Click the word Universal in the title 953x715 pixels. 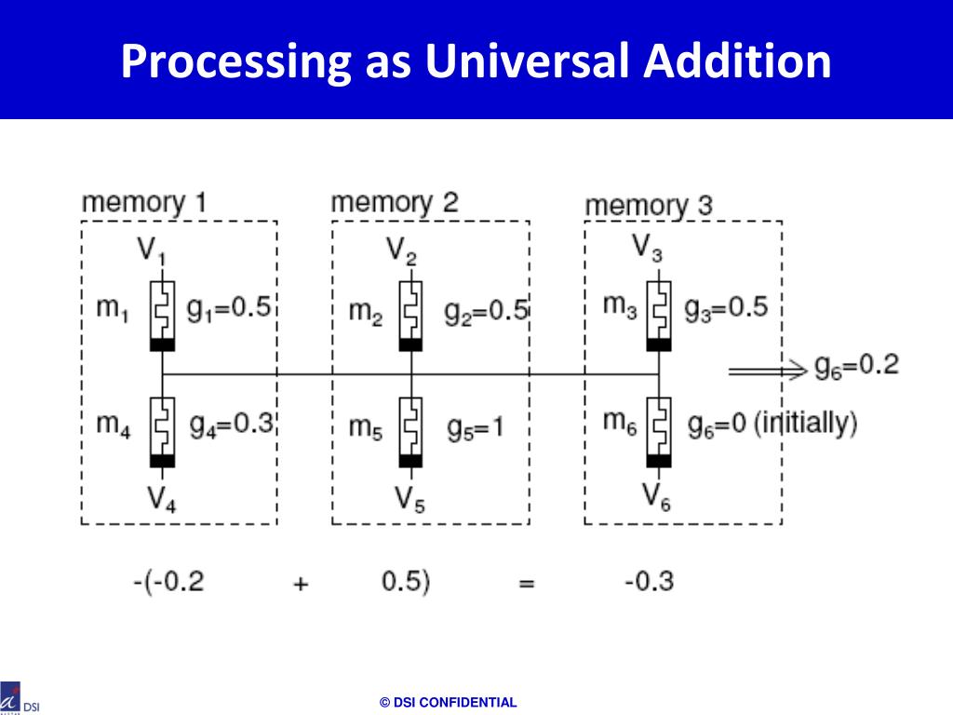pyautogui.click(x=526, y=61)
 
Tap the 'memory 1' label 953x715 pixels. pyautogui.click(x=144, y=201)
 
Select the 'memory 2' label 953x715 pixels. pyautogui.click(x=395, y=201)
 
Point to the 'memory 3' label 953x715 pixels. pyautogui.click(x=648, y=205)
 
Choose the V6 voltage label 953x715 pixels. pyautogui.click(x=658, y=496)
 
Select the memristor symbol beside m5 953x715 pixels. pyautogui.click(x=410, y=427)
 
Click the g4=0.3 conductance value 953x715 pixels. pyautogui.click(x=232, y=425)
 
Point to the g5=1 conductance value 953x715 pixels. pyautogui.click(x=475, y=427)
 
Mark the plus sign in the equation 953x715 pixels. pyautogui.click(x=301, y=584)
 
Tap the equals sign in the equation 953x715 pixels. pyautogui.click(x=527, y=585)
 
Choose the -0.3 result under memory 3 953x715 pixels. pyautogui.click(x=648, y=582)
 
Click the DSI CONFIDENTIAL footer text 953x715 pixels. pyautogui.click(x=448, y=703)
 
